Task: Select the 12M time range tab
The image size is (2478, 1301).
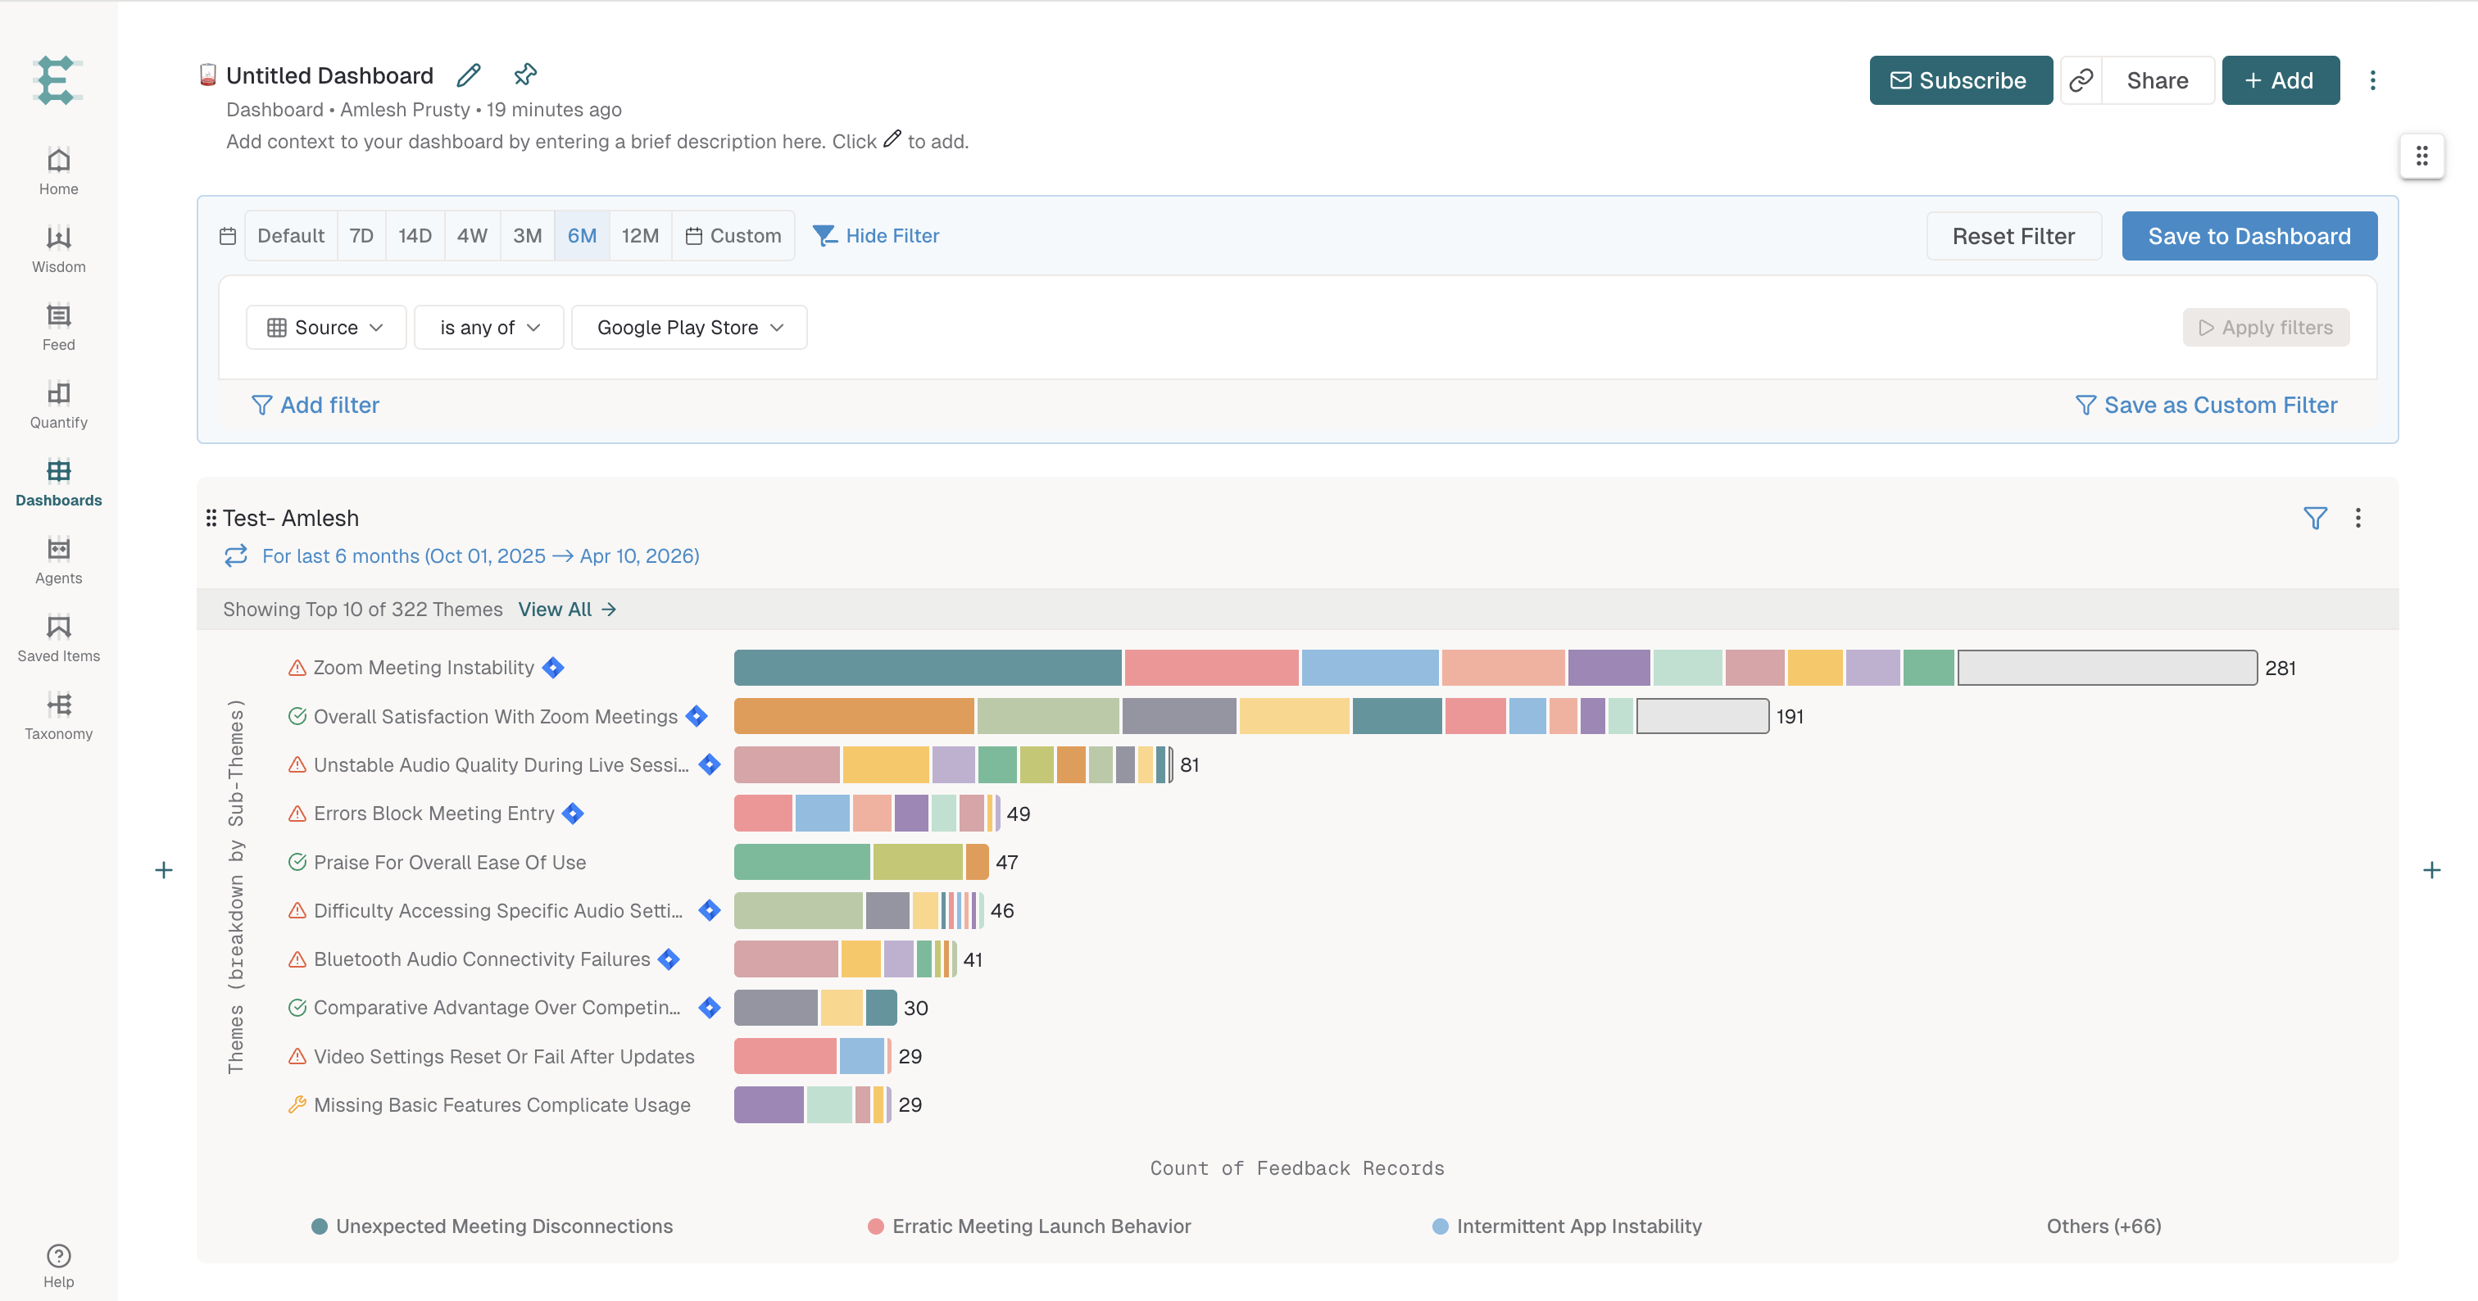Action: tap(640, 236)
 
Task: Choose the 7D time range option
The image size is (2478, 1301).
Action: tap(361, 236)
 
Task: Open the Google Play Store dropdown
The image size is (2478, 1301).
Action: tap(689, 328)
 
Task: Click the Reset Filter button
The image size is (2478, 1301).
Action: tap(2013, 236)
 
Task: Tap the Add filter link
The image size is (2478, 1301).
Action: tap(315, 405)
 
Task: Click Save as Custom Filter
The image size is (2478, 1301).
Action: tap(2207, 405)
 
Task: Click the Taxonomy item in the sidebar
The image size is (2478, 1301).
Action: tap(59, 715)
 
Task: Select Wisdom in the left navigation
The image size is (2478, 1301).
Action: tap(59, 248)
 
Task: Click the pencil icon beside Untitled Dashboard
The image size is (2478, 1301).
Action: tap(470, 75)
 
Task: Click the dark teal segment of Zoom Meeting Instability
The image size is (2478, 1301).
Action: tap(928, 668)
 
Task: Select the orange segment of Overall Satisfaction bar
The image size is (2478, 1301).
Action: tap(854, 716)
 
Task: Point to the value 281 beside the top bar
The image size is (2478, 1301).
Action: tap(2280, 669)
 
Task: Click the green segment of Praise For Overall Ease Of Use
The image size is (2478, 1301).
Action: tap(802, 862)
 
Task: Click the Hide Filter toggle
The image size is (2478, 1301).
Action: tap(876, 236)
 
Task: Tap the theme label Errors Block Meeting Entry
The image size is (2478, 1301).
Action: tap(433, 814)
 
